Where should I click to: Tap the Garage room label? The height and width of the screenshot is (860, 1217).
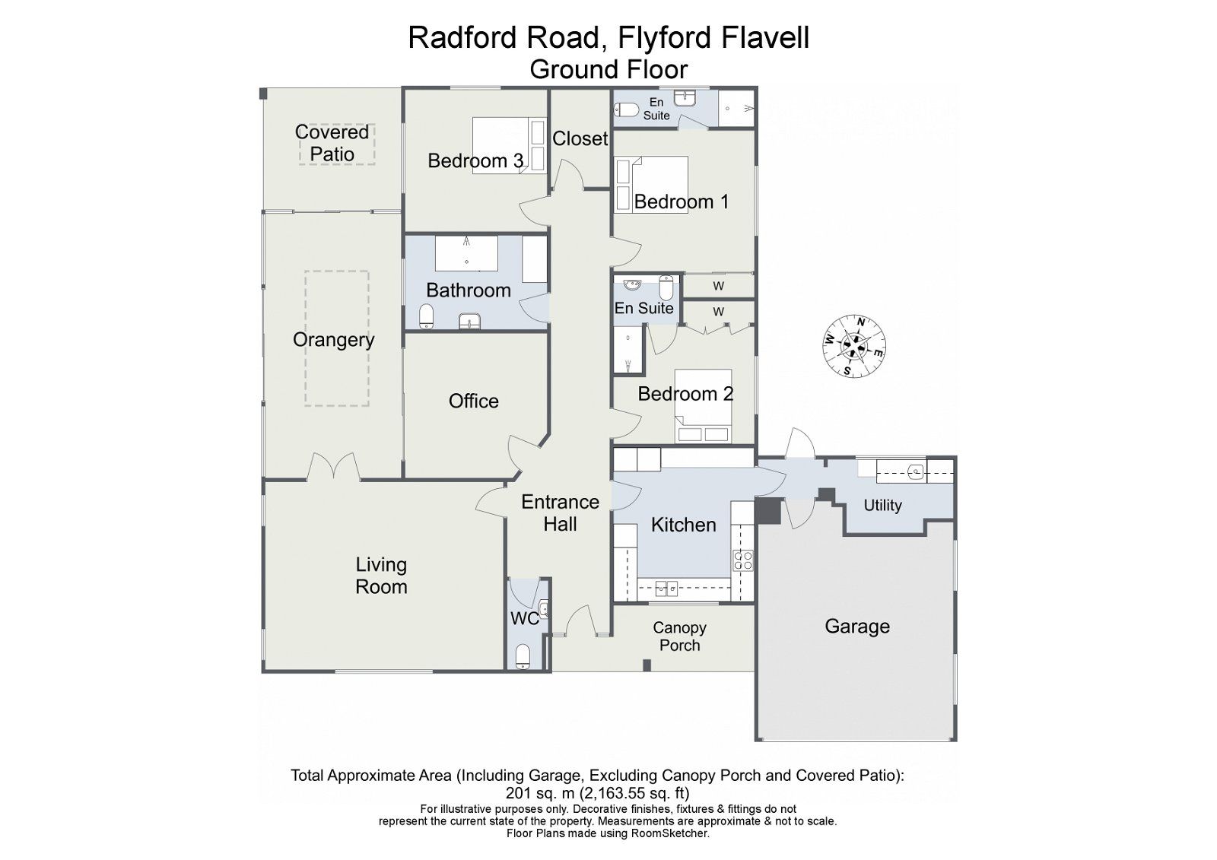tap(857, 627)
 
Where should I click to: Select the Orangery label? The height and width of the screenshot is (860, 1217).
tap(333, 340)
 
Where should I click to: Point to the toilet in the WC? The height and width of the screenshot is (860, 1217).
tap(523, 656)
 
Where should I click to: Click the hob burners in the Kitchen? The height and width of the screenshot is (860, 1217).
tap(742, 561)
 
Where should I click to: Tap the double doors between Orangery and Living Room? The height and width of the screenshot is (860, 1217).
tap(333, 467)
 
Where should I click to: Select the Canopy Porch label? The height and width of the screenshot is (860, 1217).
tap(679, 636)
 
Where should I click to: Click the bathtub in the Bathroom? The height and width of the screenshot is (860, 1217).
tap(466, 253)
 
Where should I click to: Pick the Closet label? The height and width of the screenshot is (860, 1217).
tap(580, 139)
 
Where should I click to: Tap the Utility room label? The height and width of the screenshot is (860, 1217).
tap(882, 506)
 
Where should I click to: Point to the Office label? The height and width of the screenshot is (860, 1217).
tap(473, 401)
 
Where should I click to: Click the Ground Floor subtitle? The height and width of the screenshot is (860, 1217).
tap(608, 69)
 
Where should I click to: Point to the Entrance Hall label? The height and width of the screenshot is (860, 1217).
tap(560, 513)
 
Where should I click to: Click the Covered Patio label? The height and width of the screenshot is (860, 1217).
tap(332, 143)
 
